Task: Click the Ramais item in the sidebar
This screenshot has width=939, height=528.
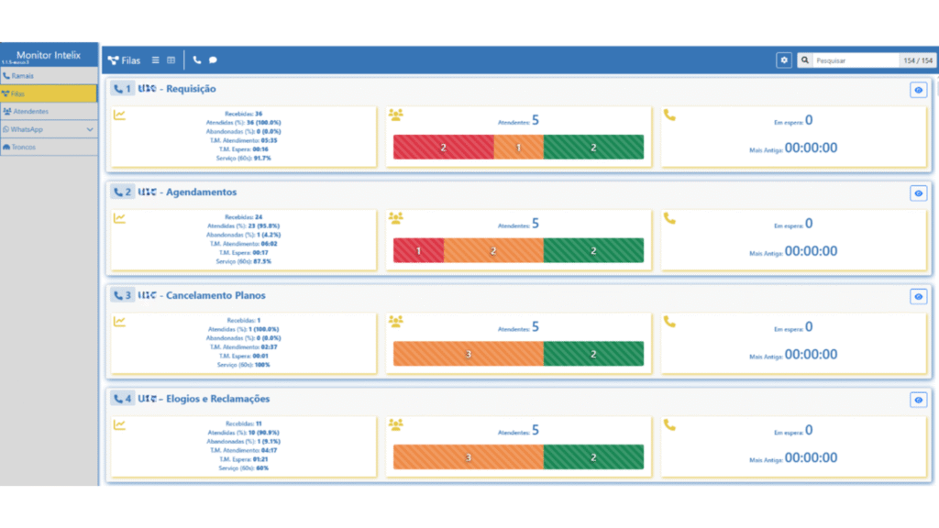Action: tap(25, 76)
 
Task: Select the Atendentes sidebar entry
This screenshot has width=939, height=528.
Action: tap(31, 111)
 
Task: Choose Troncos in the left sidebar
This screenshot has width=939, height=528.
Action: tap(24, 147)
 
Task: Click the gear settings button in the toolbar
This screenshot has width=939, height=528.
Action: tap(784, 60)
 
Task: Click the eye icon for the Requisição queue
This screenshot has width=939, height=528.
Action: tap(918, 90)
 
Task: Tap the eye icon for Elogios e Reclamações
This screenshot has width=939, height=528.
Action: tap(918, 401)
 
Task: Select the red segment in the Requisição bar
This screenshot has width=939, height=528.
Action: tap(443, 147)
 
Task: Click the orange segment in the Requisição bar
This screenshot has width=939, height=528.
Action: tap(518, 147)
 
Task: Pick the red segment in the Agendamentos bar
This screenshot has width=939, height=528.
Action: tap(418, 250)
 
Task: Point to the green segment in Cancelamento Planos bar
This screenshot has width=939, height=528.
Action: tap(593, 354)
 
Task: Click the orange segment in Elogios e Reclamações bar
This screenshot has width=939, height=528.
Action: tap(468, 457)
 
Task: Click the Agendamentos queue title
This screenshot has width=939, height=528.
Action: tap(201, 192)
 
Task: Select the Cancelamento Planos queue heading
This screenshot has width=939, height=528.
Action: tap(215, 296)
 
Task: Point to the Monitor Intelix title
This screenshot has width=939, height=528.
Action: tap(49, 56)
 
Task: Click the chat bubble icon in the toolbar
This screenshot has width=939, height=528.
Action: tap(213, 60)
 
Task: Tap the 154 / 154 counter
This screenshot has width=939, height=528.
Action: tap(917, 60)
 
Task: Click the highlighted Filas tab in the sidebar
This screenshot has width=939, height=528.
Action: tap(49, 93)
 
